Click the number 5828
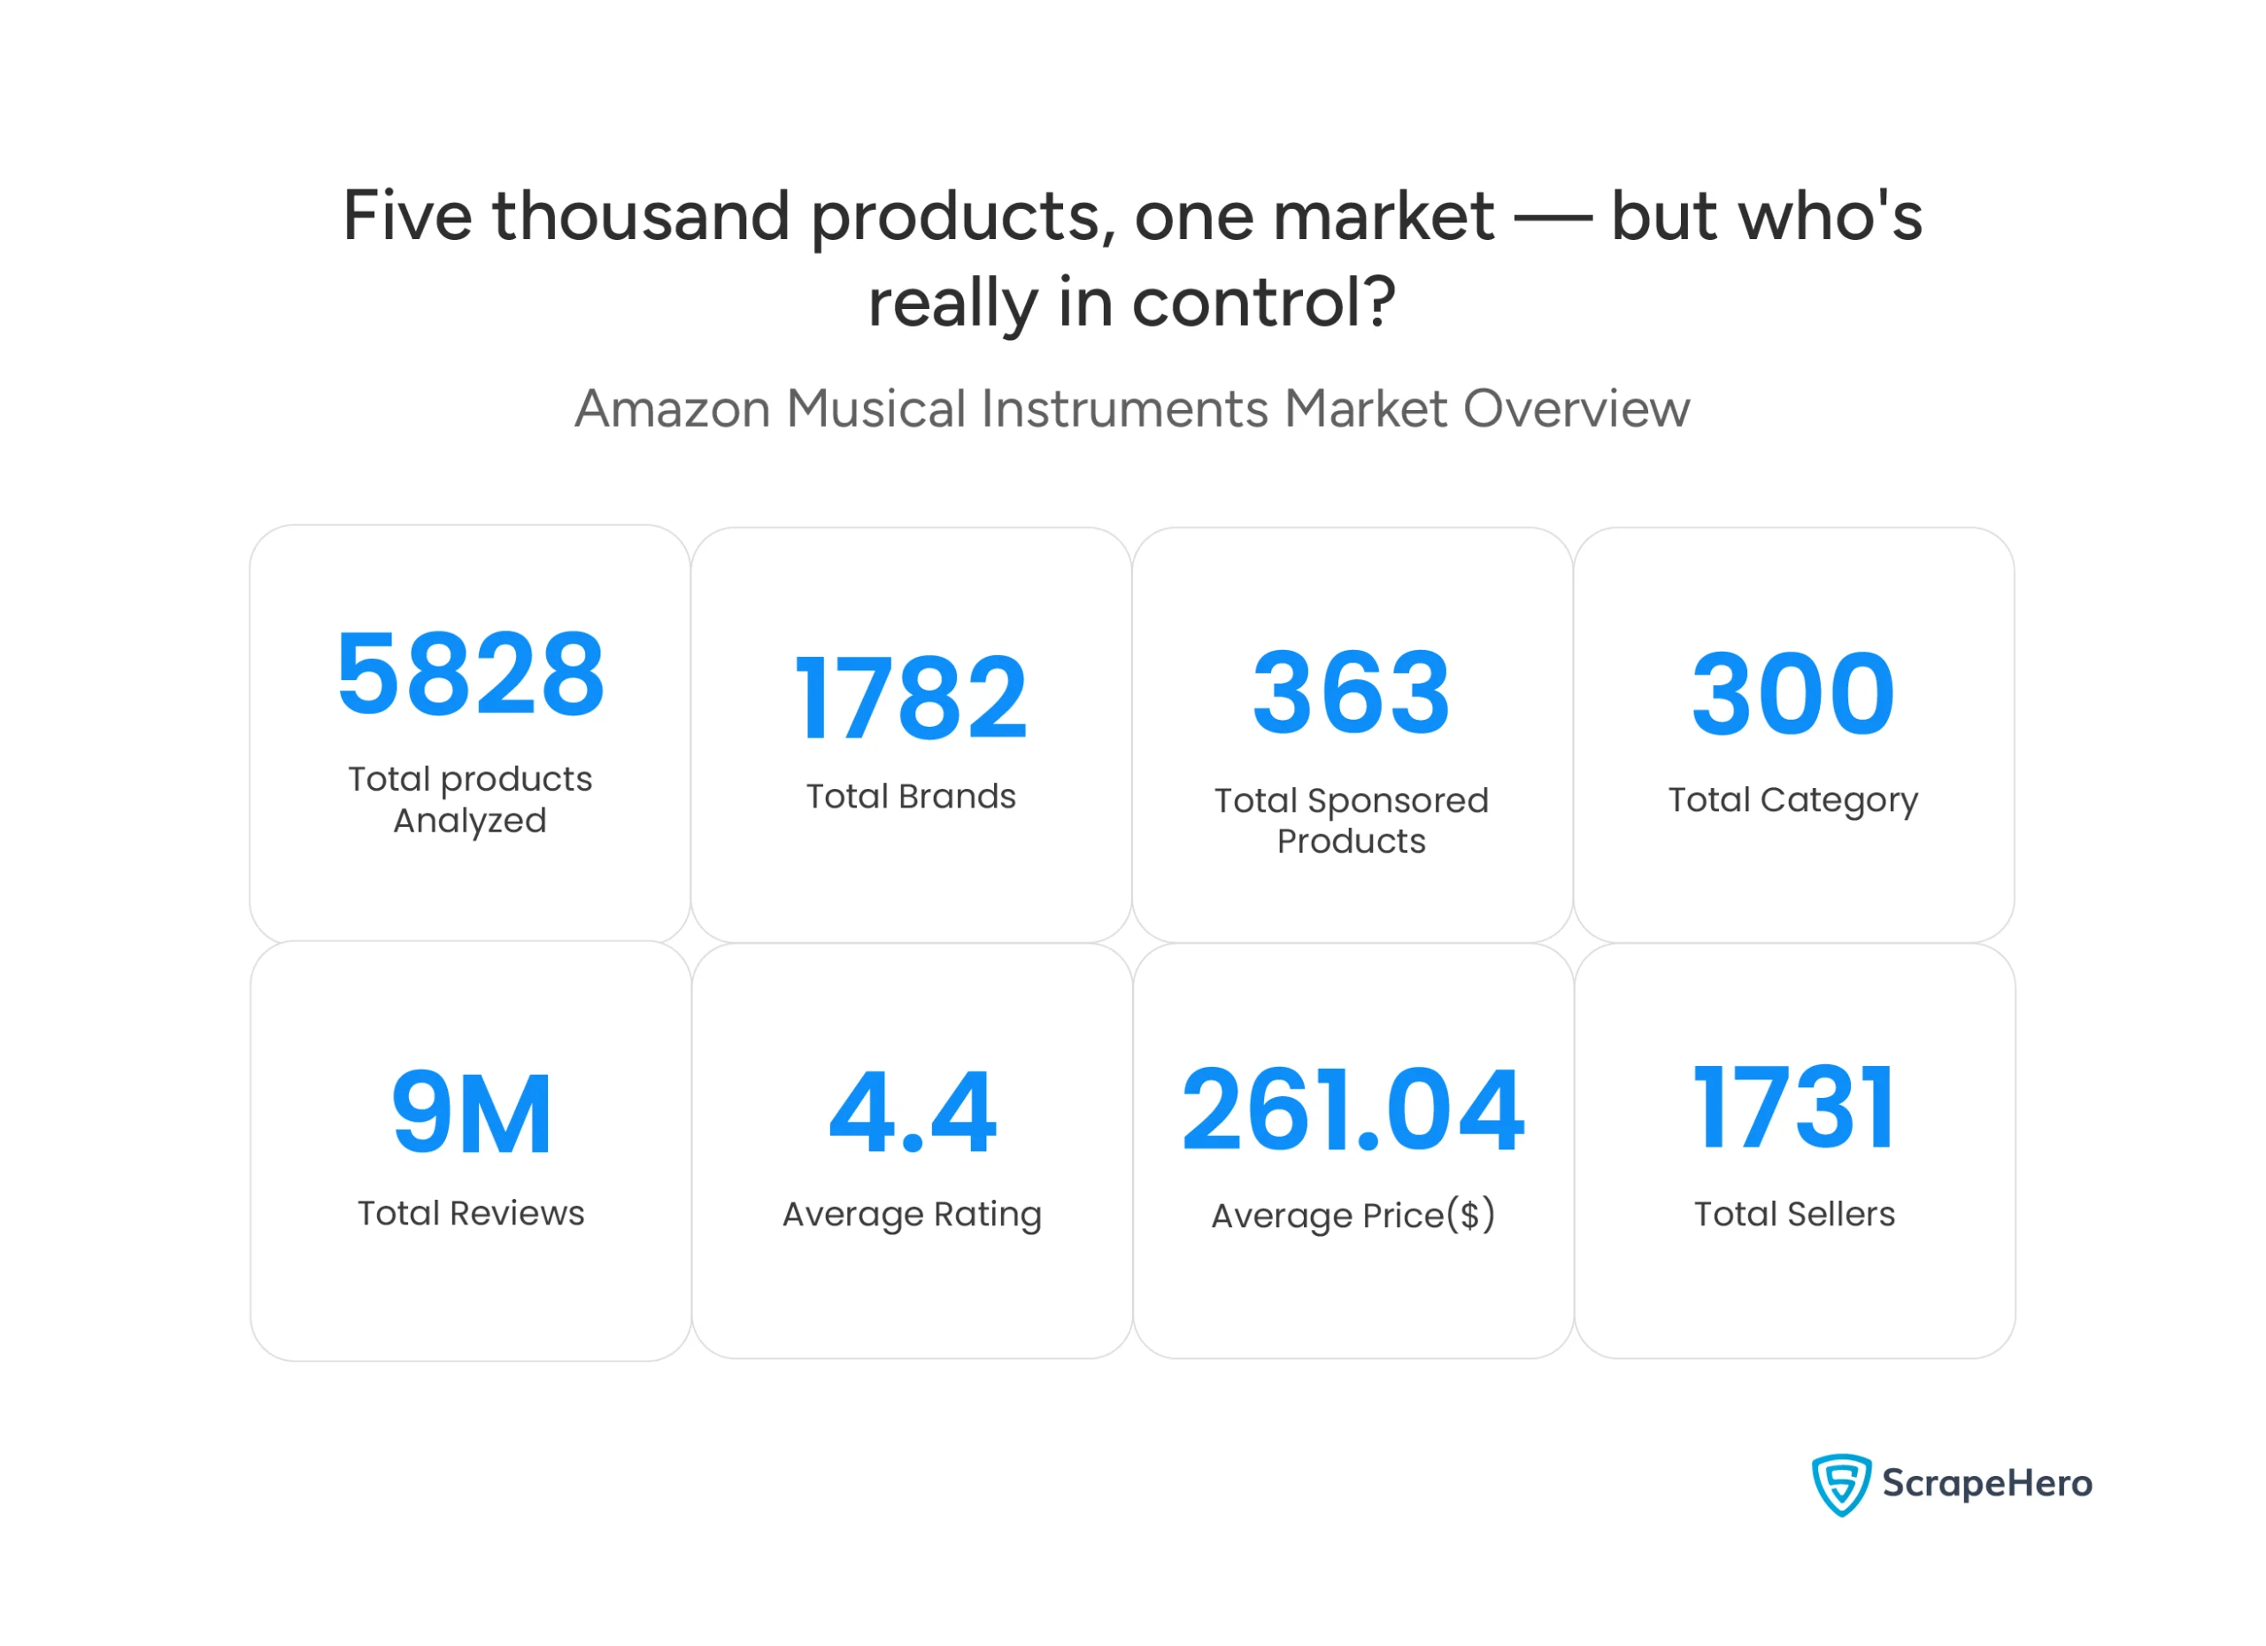tap(470, 676)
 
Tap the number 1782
tap(910, 699)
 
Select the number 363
tap(1351, 692)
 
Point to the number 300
tap(1792, 693)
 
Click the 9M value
tap(471, 1112)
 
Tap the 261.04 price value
tap(1353, 1109)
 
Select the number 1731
tap(1793, 1108)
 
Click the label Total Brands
tap(910, 797)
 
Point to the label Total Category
tap(1792, 800)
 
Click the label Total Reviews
tap(471, 1213)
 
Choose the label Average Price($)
tap(1353, 1217)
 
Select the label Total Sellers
tap(1793, 1214)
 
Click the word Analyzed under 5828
tap(470, 822)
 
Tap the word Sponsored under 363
tap(1398, 801)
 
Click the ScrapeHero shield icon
tap(1840, 1484)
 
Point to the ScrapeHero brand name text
tap(1986, 1483)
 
